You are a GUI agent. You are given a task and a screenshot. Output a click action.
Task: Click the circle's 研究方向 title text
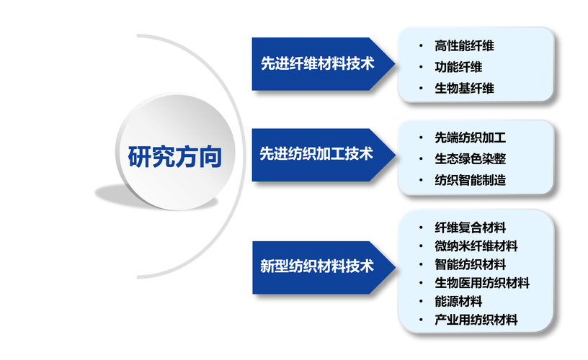(174, 156)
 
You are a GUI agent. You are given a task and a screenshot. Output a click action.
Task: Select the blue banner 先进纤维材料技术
(317, 63)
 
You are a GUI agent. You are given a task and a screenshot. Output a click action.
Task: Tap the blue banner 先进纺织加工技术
(317, 153)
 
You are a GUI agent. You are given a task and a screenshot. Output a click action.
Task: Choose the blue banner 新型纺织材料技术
(317, 266)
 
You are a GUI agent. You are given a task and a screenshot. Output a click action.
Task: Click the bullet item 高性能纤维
(464, 45)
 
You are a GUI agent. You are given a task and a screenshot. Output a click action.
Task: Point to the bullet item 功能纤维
(458, 67)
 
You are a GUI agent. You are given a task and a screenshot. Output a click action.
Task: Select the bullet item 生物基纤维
(464, 89)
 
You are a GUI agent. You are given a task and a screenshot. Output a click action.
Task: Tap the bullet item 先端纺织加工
(470, 137)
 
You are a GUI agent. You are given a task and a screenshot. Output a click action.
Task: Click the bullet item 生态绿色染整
(470, 158)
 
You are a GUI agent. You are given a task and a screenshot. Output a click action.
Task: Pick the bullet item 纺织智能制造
(470, 180)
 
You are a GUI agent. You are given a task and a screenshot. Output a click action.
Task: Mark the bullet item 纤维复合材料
(470, 227)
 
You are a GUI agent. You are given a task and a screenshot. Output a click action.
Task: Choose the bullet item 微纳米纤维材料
(476, 246)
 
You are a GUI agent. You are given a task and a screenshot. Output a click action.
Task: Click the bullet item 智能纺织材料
(470, 264)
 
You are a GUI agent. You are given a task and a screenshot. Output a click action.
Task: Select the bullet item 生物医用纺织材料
(481, 283)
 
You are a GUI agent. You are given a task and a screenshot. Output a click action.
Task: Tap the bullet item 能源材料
(458, 302)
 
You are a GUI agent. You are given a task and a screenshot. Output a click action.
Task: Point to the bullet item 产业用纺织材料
(476, 320)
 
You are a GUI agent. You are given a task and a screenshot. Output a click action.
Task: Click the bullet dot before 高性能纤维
(421, 45)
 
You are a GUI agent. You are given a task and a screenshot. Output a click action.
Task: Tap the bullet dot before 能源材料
(421, 302)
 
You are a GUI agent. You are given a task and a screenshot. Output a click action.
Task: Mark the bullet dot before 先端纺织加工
(421, 137)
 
